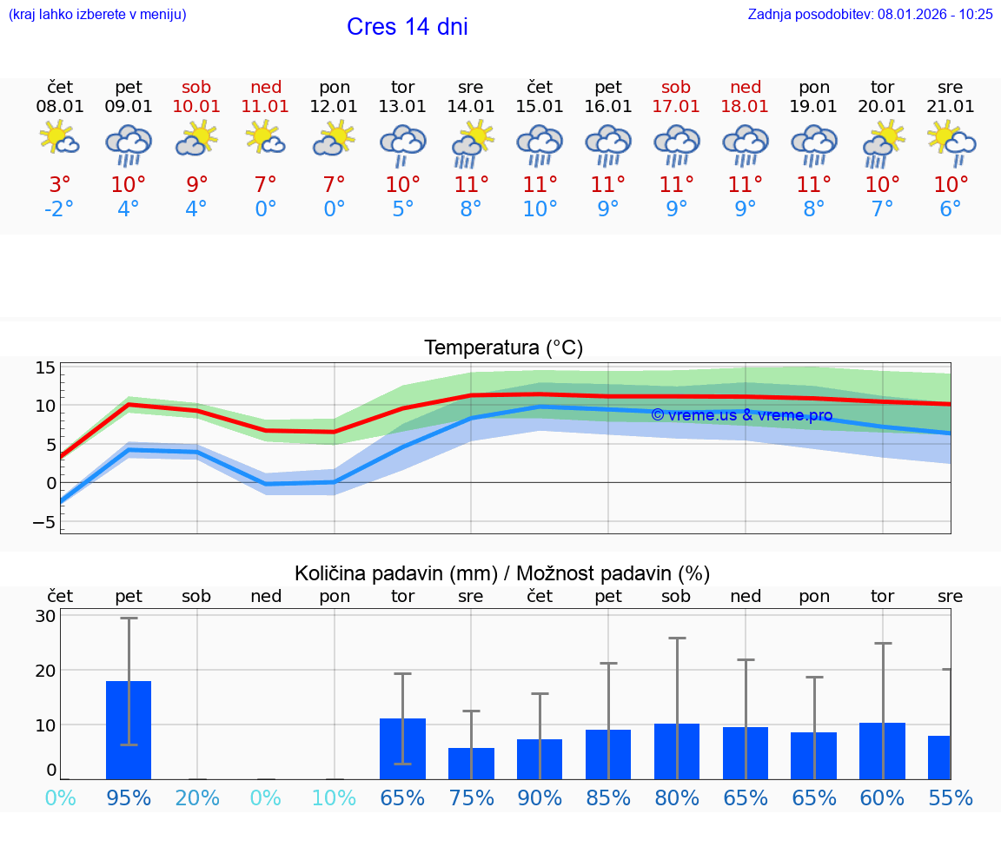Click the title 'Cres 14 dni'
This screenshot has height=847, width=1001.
coord(407,27)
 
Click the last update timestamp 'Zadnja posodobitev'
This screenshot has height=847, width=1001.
coord(870,15)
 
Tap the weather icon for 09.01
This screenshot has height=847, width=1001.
coord(129,145)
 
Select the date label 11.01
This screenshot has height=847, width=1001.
coord(265,107)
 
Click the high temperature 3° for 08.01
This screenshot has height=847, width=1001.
coord(60,184)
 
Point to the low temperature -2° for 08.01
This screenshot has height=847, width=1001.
coord(60,209)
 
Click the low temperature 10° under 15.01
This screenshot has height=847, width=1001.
coord(540,209)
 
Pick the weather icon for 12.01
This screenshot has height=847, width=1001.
coord(335,139)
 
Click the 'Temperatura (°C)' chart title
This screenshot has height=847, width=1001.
coord(503,348)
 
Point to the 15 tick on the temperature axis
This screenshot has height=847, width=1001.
coord(45,367)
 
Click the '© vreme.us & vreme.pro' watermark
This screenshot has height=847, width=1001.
coord(741,415)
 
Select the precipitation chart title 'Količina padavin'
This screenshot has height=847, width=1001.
coord(502,573)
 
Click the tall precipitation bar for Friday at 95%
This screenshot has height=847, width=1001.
coord(129,730)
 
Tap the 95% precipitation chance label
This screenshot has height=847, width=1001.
coord(129,798)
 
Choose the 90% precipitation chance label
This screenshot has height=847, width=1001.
coord(540,798)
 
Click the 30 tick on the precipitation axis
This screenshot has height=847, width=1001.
coord(45,616)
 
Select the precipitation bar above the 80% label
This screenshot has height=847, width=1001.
coord(677,751)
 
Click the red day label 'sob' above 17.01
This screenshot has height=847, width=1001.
coord(676,87)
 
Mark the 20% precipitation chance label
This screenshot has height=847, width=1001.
coord(197,798)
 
